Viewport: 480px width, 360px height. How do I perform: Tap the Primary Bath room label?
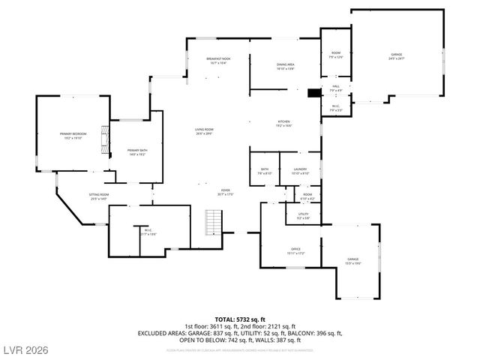click(137, 152)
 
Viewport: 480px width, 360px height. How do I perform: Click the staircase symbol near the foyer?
click(215, 223)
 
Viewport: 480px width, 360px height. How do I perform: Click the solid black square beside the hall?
click(313, 94)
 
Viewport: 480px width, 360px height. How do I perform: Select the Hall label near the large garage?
click(336, 88)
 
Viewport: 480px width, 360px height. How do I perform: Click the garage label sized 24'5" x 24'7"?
click(396, 56)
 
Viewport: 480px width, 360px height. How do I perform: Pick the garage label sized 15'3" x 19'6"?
click(352, 260)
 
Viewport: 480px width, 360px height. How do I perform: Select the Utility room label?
click(303, 216)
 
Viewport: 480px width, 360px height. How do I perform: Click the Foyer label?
click(225, 192)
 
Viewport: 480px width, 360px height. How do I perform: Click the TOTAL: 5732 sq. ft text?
click(240, 318)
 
